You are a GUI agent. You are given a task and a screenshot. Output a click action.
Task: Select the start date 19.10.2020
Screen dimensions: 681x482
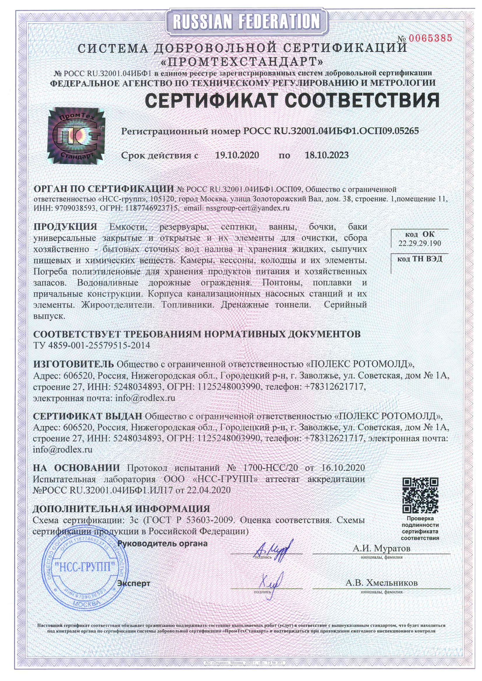click(237, 155)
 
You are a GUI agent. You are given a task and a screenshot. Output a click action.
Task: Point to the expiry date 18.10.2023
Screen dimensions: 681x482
click(327, 155)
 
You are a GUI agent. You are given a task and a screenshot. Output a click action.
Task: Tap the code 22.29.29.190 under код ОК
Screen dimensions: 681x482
click(420, 244)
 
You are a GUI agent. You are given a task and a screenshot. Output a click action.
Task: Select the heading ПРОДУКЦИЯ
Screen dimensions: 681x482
click(65, 227)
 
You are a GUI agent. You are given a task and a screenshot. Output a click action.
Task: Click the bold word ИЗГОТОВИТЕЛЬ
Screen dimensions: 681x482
click(73, 364)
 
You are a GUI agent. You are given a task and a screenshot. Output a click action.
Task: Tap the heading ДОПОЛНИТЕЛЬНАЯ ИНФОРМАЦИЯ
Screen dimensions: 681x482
click(121, 509)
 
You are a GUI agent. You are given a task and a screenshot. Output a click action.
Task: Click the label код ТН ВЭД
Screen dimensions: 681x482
click(420, 259)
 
